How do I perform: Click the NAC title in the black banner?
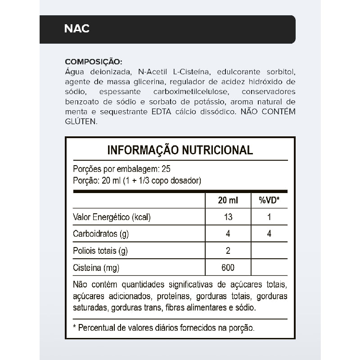click(77, 29)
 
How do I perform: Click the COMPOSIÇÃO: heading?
click(94, 61)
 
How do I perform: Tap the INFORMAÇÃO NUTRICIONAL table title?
click(180, 150)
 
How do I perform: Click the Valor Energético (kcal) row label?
click(112, 217)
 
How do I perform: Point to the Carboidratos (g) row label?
click(100, 234)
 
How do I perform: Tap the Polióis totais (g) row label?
click(100, 251)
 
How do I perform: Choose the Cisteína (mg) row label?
click(96, 268)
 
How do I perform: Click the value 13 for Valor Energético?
click(228, 217)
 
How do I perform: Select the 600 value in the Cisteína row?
click(228, 268)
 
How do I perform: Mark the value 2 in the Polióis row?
click(228, 251)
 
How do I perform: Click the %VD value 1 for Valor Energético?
click(269, 217)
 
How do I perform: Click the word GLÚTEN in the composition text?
click(81, 121)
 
